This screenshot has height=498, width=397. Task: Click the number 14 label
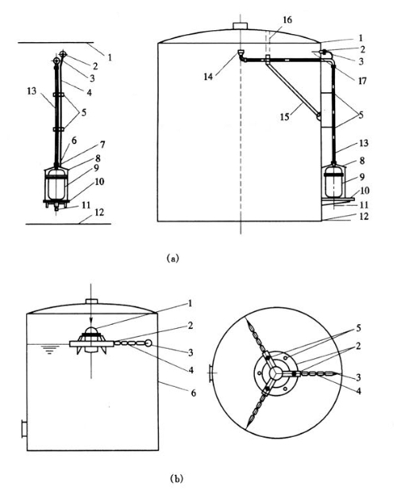pos(208,76)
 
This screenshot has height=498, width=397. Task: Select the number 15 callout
pos(284,117)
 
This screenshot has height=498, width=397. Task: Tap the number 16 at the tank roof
pos(287,20)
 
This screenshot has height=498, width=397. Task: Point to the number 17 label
pos(362,81)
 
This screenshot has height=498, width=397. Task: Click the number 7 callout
pos(102,145)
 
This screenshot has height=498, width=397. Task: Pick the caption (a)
pos(173,258)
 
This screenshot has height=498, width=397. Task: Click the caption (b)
pos(176,478)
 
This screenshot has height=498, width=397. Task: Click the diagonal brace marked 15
pos(293,88)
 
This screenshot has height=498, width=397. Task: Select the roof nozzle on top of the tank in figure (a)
pos(240,25)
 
